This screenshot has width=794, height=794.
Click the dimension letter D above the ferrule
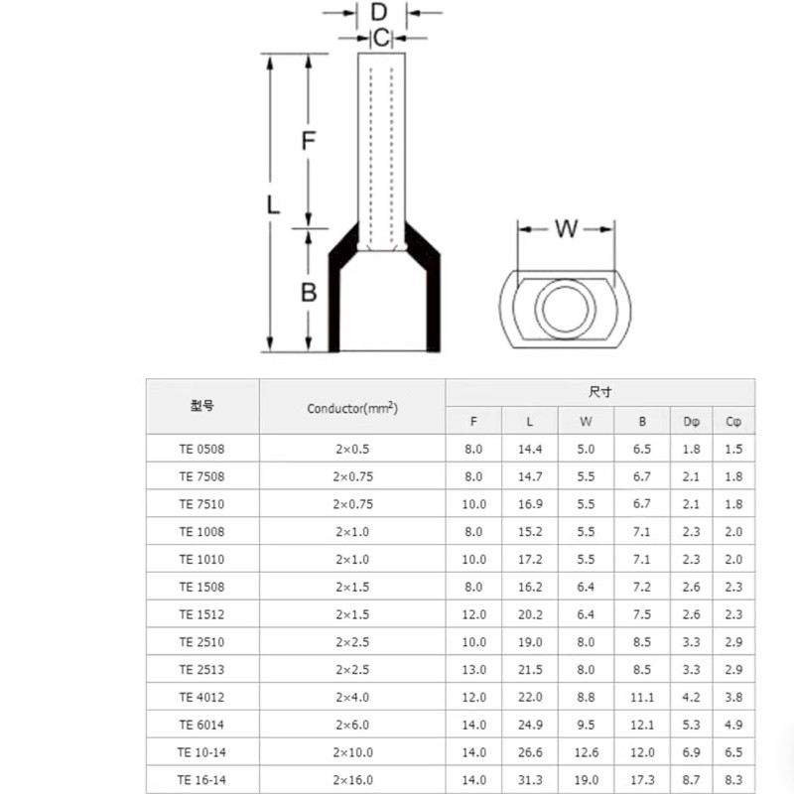(379, 12)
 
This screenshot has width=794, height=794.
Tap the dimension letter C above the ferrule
(382, 38)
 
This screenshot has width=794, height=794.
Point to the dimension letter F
(309, 140)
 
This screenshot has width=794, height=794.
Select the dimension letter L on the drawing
(273, 205)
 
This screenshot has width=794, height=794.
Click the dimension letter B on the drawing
(309, 292)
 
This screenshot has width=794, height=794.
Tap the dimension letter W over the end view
(566, 229)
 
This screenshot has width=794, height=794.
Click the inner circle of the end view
(565, 308)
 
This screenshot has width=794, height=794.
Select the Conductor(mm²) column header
(352, 408)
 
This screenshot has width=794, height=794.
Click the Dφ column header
(691, 421)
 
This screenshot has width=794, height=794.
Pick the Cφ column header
(733, 421)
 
